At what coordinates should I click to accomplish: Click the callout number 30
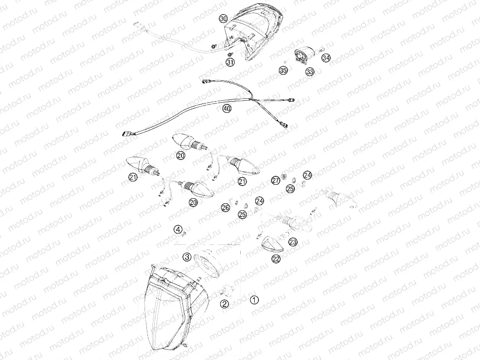tap(223, 19)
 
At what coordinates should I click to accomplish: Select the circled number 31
tap(230, 62)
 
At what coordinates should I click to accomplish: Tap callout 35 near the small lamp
tap(283, 70)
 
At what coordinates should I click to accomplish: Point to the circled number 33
tap(310, 71)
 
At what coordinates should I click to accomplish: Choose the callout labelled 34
tap(326, 58)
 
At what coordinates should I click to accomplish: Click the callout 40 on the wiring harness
tap(227, 109)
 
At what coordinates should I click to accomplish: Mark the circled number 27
tap(276, 180)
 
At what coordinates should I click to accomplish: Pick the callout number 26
tap(225, 208)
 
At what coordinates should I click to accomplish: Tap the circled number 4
tap(178, 229)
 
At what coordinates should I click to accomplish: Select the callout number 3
tap(187, 256)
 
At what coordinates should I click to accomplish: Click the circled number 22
tap(276, 259)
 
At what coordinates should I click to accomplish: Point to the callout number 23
tap(292, 242)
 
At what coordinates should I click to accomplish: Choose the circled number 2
tap(224, 304)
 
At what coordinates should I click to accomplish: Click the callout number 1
tap(254, 300)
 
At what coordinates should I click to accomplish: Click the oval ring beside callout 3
tap(209, 264)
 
